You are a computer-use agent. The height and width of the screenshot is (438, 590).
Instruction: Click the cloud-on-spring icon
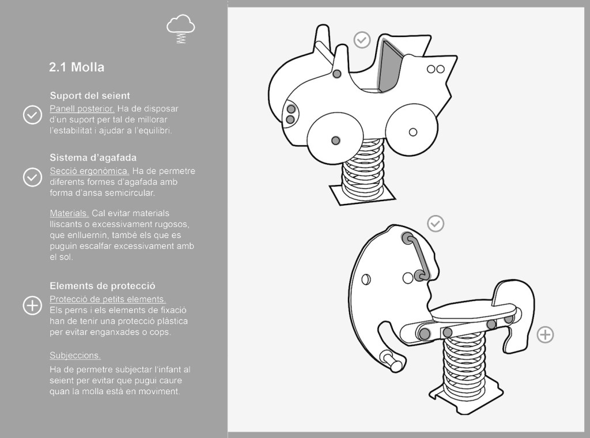pyautogui.click(x=180, y=29)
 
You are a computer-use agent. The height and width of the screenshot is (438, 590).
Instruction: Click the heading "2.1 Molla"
pyautogui.click(x=77, y=67)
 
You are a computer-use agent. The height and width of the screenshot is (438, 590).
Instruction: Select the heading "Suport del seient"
pyautogui.click(x=90, y=96)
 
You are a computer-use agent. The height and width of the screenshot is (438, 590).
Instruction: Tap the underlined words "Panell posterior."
pyautogui.click(x=82, y=109)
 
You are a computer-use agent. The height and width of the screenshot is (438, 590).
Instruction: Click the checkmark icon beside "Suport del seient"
pyautogui.click(x=32, y=115)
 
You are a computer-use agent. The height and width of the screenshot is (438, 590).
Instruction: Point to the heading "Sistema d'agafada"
pyautogui.click(x=93, y=158)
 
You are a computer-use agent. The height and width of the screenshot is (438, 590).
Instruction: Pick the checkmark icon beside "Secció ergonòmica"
pyautogui.click(x=32, y=177)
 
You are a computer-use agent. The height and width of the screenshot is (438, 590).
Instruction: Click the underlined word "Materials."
pyautogui.click(x=69, y=213)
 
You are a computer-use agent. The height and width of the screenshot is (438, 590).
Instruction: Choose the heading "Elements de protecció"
pyautogui.click(x=103, y=286)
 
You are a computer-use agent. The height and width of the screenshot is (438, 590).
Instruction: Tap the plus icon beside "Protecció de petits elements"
pyautogui.click(x=32, y=305)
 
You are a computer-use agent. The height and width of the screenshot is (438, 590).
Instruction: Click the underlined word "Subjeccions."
pyautogui.click(x=75, y=356)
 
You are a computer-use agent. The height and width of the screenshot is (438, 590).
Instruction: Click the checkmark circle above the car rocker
pyautogui.click(x=362, y=40)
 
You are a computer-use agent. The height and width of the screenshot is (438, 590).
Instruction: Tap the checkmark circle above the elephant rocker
pyautogui.click(x=436, y=224)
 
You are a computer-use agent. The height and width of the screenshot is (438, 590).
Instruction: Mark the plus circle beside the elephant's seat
pyautogui.click(x=545, y=334)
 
